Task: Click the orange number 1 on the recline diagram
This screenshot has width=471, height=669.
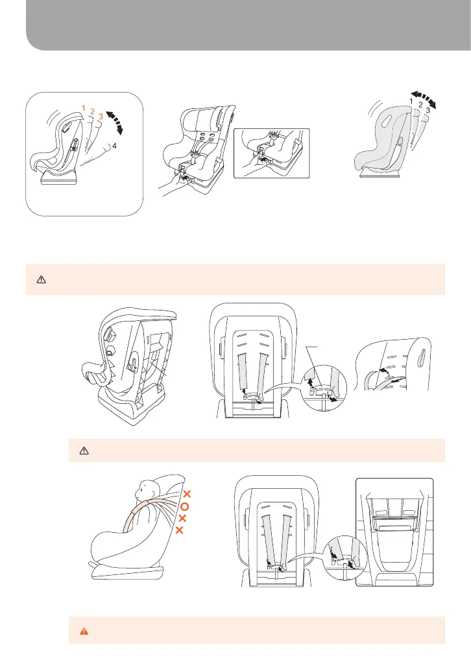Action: pyautogui.click(x=84, y=106)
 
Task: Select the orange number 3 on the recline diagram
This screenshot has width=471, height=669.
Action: pyautogui.click(x=101, y=117)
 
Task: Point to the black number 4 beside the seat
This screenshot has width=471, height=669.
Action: pyautogui.click(x=114, y=147)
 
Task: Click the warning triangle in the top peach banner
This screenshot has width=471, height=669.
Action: pyautogui.click(x=40, y=279)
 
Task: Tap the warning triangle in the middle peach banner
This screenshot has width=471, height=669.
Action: pyautogui.click(x=82, y=450)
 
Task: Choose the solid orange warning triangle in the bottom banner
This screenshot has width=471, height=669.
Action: pyautogui.click(x=82, y=629)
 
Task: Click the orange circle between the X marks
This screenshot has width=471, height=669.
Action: pyautogui.click(x=184, y=506)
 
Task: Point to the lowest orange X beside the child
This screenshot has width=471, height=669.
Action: pyautogui.click(x=180, y=531)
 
